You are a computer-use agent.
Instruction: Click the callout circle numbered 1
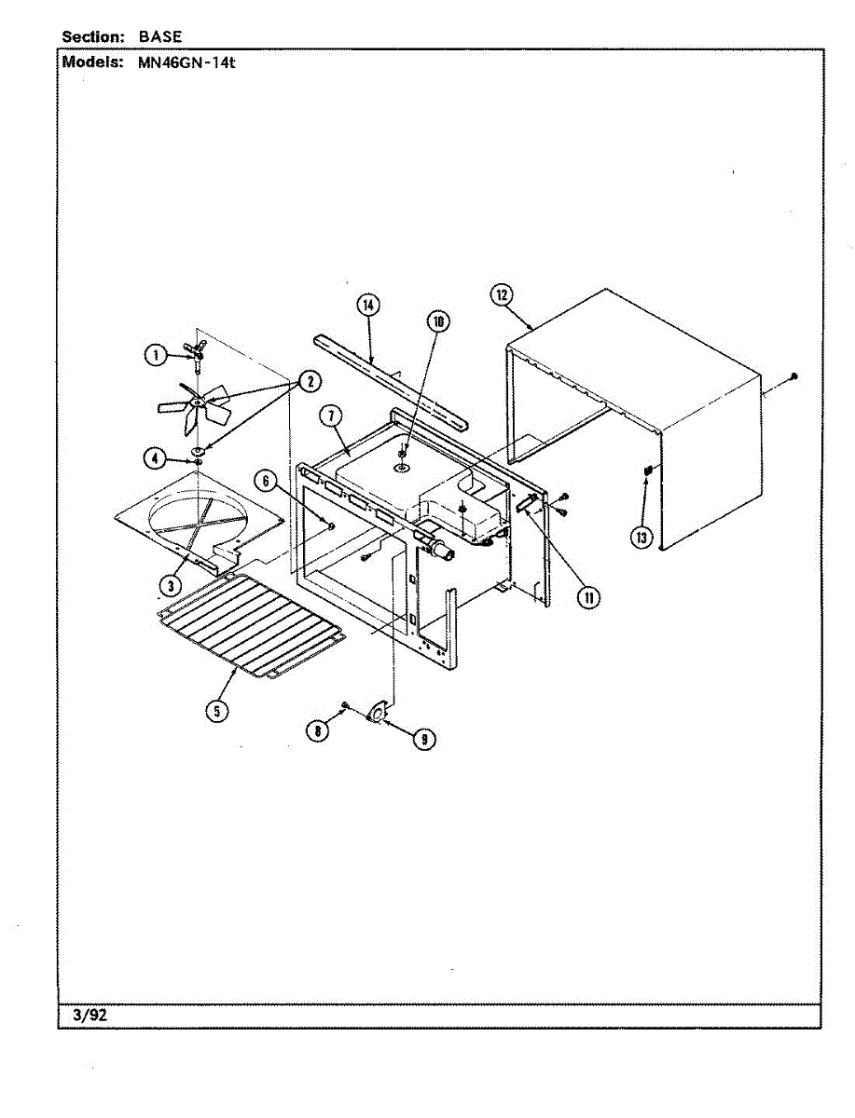coord(156,354)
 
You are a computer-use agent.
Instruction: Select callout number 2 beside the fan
coord(308,380)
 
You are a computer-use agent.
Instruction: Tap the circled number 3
coord(170,584)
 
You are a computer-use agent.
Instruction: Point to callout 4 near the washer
coord(156,457)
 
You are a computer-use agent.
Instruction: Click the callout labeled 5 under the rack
coord(215,710)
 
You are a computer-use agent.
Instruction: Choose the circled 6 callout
coord(267,481)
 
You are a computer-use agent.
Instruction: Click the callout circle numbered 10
coord(437,322)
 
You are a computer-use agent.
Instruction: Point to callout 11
coord(587,597)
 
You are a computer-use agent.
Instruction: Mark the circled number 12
coord(501,295)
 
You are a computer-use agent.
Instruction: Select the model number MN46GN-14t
coord(176,64)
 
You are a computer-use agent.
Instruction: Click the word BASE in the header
coord(160,36)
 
